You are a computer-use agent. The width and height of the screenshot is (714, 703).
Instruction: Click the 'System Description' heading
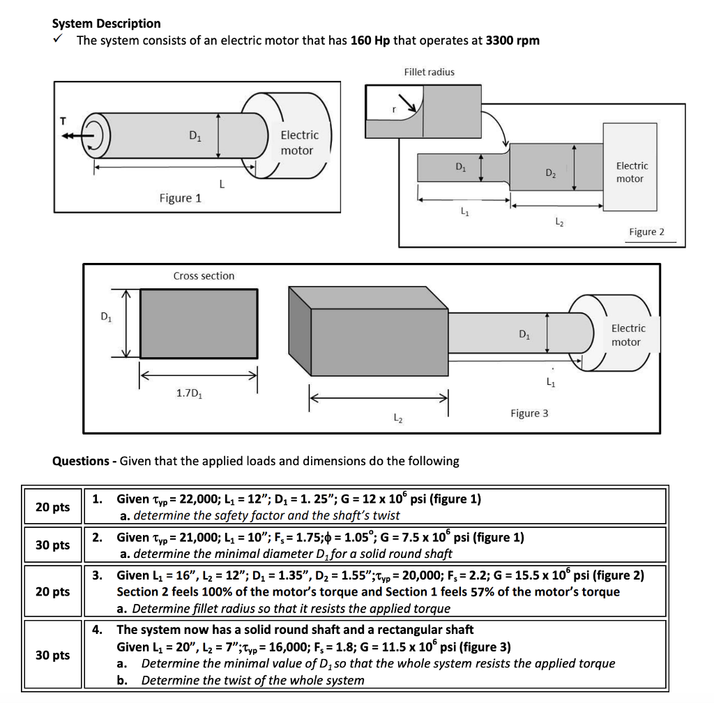(x=106, y=24)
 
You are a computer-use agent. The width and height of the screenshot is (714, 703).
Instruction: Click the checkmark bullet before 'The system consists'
(x=59, y=40)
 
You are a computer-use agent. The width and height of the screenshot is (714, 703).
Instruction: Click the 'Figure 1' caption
(x=180, y=198)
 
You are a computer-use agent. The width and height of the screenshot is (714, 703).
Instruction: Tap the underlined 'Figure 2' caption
(x=646, y=232)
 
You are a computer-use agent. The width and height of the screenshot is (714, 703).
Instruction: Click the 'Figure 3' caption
(x=529, y=413)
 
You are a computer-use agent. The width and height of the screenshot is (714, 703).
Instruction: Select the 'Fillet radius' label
(x=429, y=72)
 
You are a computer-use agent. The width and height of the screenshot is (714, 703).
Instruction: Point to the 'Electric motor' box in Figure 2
(x=630, y=167)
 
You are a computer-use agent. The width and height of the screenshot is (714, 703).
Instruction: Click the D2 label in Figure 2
(x=550, y=172)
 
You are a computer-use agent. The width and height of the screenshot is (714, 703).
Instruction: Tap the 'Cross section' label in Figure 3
(x=204, y=276)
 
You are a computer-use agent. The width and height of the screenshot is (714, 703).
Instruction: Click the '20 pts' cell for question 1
(x=52, y=507)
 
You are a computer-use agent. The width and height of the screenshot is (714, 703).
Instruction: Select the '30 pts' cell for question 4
(x=52, y=655)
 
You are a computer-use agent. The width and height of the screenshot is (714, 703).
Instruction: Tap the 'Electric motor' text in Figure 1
(x=298, y=142)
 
